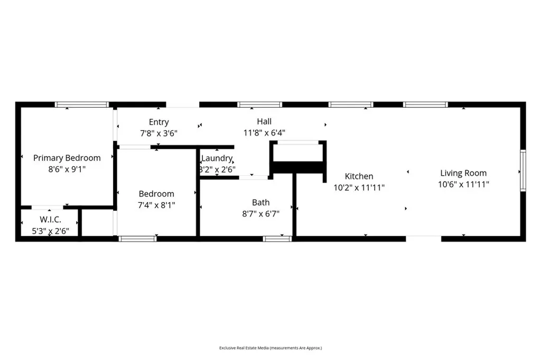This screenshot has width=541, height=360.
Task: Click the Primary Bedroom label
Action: click(x=67, y=158)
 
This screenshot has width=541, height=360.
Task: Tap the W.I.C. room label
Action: click(x=51, y=219)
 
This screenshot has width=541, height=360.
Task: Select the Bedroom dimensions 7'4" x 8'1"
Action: click(x=156, y=204)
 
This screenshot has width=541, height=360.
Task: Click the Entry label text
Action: click(x=158, y=122)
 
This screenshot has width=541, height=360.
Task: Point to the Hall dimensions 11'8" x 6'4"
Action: click(x=264, y=133)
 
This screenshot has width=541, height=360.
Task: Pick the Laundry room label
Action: click(x=217, y=158)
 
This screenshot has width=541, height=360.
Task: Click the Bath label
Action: click(x=260, y=202)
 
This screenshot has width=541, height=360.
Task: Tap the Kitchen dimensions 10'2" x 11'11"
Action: click(x=359, y=187)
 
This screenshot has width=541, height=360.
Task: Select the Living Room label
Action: click(x=463, y=173)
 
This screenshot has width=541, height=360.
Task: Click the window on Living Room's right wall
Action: click(x=523, y=169)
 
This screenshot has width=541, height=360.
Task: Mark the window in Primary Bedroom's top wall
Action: click(x=82, y=105)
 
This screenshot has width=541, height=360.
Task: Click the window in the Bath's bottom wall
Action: click(x=277, y=239)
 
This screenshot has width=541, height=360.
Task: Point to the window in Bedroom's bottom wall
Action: click(x=137, y=239)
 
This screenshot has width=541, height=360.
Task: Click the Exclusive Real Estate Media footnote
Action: click(x=270, y=348)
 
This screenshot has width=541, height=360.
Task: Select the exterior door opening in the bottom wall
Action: click(x=423, y=239)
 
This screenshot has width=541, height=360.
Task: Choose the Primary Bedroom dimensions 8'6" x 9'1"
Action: click(x=67, y=169)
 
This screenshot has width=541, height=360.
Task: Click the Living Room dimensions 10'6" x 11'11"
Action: click(x=463, y=185)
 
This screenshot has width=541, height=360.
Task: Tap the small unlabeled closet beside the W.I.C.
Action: click(x=97, y=223)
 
